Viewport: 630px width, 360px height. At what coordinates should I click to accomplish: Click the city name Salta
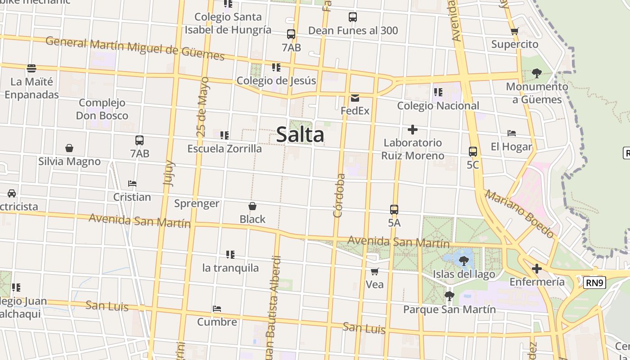[x=300, y=135]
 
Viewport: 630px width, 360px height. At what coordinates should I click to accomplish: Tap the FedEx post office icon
[x=355, y=98]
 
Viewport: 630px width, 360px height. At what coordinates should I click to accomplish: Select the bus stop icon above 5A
[x=394, y=210]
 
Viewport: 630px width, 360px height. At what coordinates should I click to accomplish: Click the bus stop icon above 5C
[x=472, y=152]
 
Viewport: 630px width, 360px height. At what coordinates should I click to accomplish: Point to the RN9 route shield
[x=594, y=283]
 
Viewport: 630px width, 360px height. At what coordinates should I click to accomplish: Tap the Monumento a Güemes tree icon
[x=536, y=73]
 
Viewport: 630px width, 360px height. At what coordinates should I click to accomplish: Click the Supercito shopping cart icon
[x=515, y=31]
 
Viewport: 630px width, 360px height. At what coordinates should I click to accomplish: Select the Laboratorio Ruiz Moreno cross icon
[x=412, y=130]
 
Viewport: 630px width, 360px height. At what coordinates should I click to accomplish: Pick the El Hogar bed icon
[x=512, y=133]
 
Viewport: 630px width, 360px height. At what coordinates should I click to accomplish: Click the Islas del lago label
[x=463, y=274]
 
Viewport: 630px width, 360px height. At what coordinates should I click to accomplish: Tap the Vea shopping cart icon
[x=374, y=271]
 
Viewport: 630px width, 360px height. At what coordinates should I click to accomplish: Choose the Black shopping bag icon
[x=252, y=206]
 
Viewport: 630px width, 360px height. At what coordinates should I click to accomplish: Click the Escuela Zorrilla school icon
[x=225, y=135]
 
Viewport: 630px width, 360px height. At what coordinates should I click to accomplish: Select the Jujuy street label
[x=169, y=173]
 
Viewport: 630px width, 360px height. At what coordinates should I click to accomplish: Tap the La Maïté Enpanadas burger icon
[x=31, y=68]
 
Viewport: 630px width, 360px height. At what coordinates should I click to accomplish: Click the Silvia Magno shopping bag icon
[x=69, y=148]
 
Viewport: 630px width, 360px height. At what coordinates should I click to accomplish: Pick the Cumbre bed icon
[x=217, y=309]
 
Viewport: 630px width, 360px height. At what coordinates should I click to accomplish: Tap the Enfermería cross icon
[x=536, y=269]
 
